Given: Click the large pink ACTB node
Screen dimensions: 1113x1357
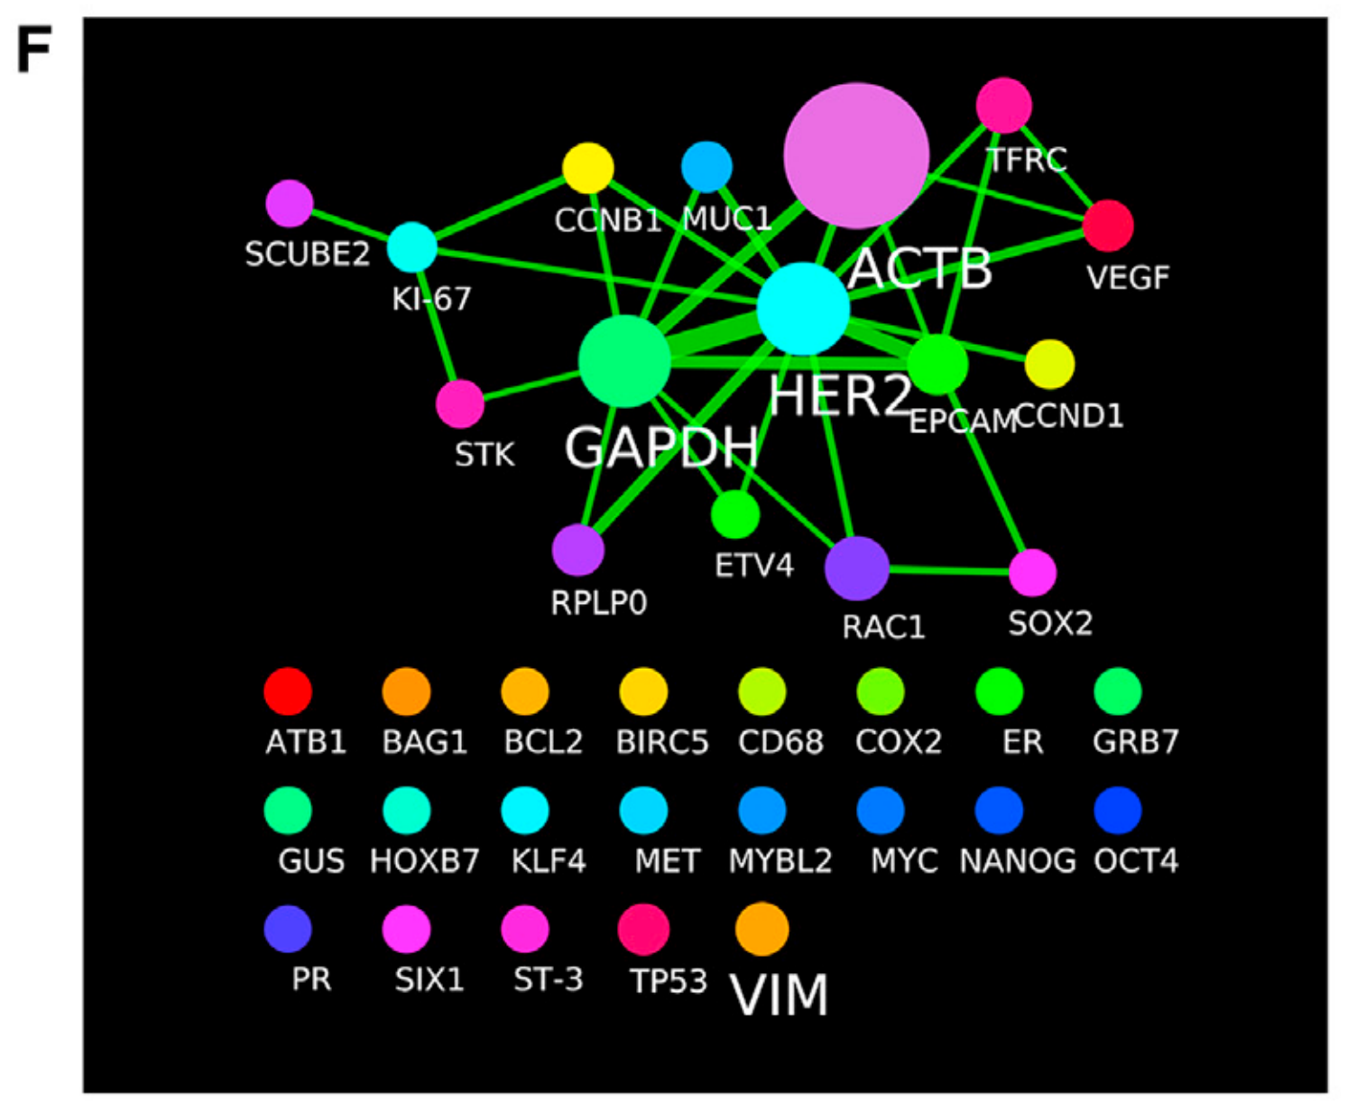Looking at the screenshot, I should click(856, 155).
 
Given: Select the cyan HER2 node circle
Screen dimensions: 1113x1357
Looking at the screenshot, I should click(803, 309).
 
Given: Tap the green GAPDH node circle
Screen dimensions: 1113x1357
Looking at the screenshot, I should click(624, 361).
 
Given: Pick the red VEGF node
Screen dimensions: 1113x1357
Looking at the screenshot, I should click(1108, 226).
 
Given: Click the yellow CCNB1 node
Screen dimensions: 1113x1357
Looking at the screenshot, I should click(588, 168).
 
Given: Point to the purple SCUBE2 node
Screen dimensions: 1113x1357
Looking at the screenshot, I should click(290, 203).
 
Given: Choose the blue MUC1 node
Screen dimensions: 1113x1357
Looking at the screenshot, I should click(706, 167).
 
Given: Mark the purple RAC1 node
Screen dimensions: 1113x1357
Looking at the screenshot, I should click(856, 569).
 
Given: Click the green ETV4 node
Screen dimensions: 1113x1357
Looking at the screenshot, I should click(735, 515).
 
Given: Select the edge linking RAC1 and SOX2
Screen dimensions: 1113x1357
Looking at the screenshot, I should click(947, 570).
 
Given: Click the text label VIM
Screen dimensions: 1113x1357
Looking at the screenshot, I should click(780, 996).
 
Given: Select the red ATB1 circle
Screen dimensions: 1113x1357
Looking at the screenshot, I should click(288, 691).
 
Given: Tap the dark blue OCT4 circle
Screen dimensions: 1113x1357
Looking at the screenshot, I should click(1118, 810).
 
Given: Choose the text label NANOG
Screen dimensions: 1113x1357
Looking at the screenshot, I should click(1018, 861).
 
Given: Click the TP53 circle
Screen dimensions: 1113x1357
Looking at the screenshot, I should click(643, 929).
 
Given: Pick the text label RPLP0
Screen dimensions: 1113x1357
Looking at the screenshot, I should click(599, 603).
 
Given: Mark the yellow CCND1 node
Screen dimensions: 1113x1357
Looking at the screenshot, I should click(1049, 365).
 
